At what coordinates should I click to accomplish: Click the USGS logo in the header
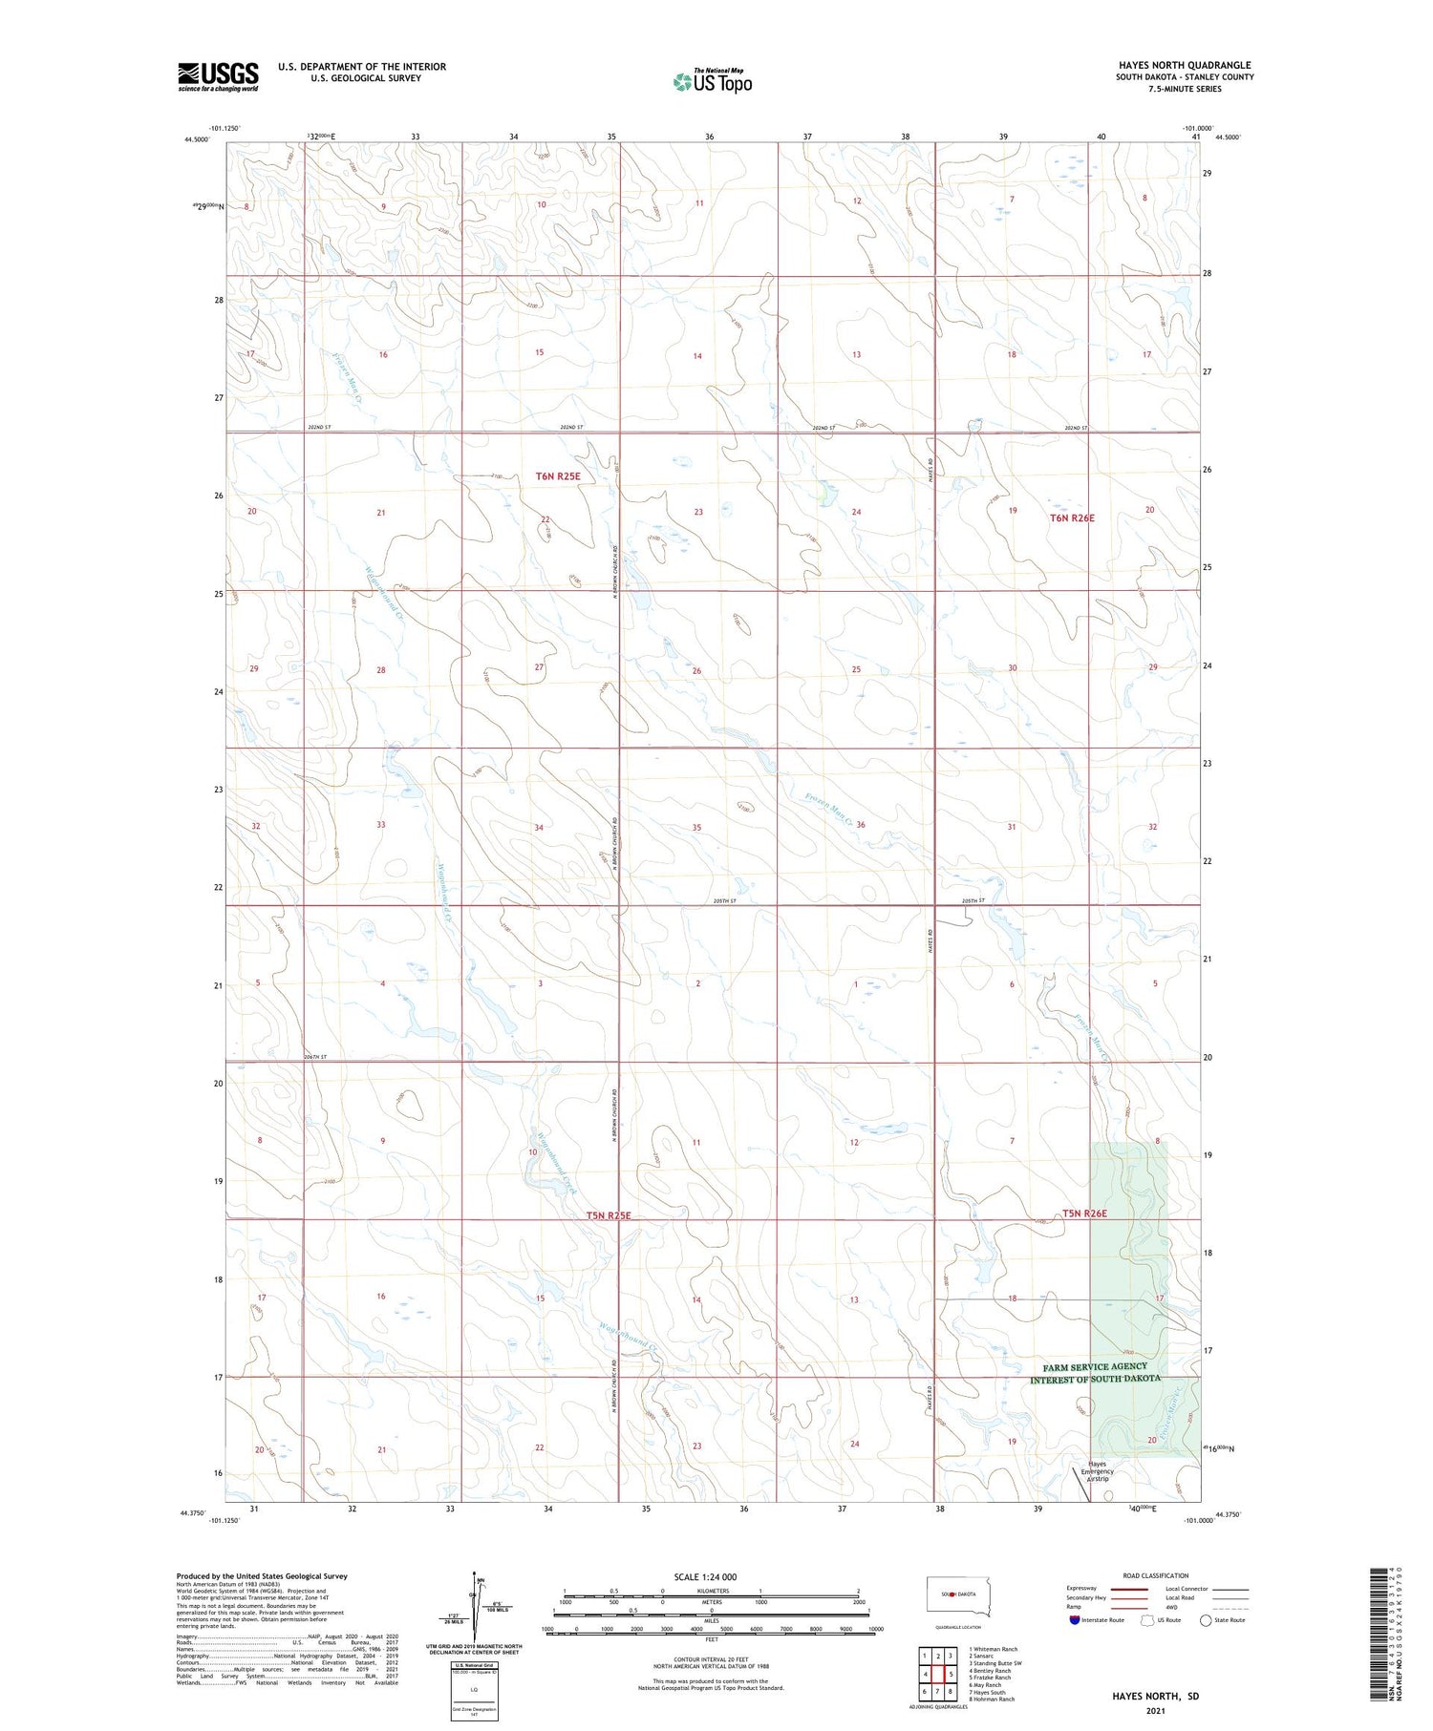click(218, 76)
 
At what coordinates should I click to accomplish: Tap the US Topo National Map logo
click(713, 81)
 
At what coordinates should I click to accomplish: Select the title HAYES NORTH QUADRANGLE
click(1185, 66)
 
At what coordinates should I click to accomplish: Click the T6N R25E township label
click(557, 475)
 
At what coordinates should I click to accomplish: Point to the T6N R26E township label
click(1072, 518)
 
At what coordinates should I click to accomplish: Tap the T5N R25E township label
click(609, 1215)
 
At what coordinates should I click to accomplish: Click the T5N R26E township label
click(1084, 1214)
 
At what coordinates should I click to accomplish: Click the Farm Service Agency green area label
click(1095, 1373)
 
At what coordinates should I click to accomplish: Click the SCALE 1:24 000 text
click(705, 1576)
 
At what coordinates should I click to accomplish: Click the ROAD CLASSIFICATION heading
click(1156, 1575)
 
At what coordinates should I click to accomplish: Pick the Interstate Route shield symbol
click(1075, 1620)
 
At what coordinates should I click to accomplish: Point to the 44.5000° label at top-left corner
click(195, 139)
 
